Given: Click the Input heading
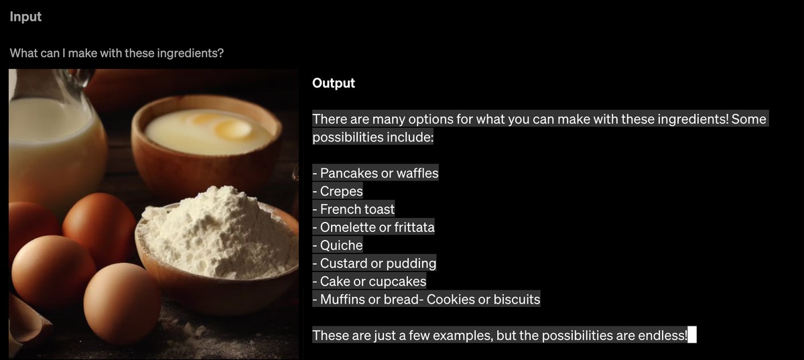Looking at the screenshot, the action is click(x=25, y=17).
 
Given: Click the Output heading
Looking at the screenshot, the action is click(x=334, y=83).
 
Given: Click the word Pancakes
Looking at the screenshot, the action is click(x=348, y=173).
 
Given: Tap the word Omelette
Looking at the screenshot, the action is click(x=348, y=227).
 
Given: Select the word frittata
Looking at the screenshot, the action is click(x=415, y=227).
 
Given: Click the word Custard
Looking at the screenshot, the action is click(x=344, y=263).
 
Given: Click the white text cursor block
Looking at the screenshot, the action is click(x=692, y=335).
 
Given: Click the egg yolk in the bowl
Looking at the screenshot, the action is click(x=232, y=129).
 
